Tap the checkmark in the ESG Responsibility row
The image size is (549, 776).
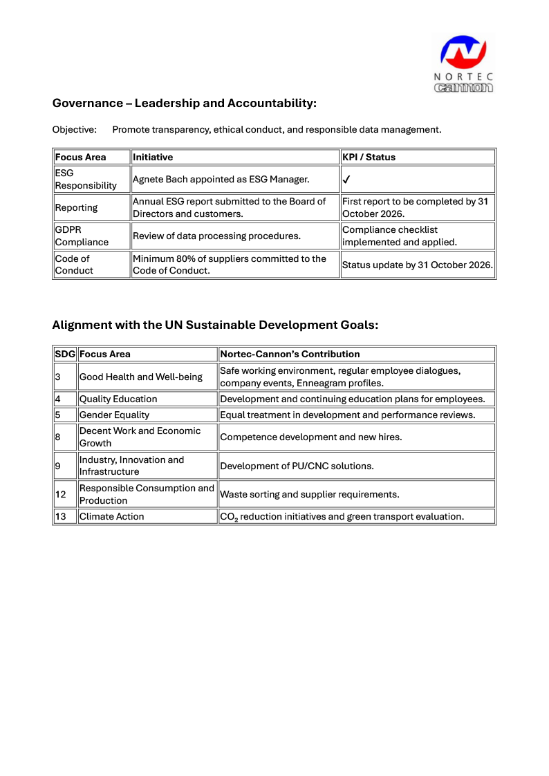click(347, 180)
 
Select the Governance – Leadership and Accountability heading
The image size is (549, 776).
click(185, 104)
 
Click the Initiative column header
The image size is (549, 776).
click(153, 157)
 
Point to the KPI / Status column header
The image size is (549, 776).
click(369, 157)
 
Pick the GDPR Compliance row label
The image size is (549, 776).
click(82, 236)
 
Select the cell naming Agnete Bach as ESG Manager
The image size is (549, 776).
click(221, 180)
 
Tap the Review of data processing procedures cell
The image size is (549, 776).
click(216, 236)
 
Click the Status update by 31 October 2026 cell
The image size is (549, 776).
click(417, 265)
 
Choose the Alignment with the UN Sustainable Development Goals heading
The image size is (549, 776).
click(215, 325)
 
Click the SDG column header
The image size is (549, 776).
click(65, 354)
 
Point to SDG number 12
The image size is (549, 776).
click(60, 494)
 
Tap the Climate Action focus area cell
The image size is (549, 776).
click(112, 516)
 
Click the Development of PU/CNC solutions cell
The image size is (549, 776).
click(297, 466)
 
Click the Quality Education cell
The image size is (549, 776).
click(118, 399)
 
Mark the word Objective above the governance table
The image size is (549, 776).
click(73, 129)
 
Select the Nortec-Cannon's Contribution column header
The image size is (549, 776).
click(290, 354)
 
